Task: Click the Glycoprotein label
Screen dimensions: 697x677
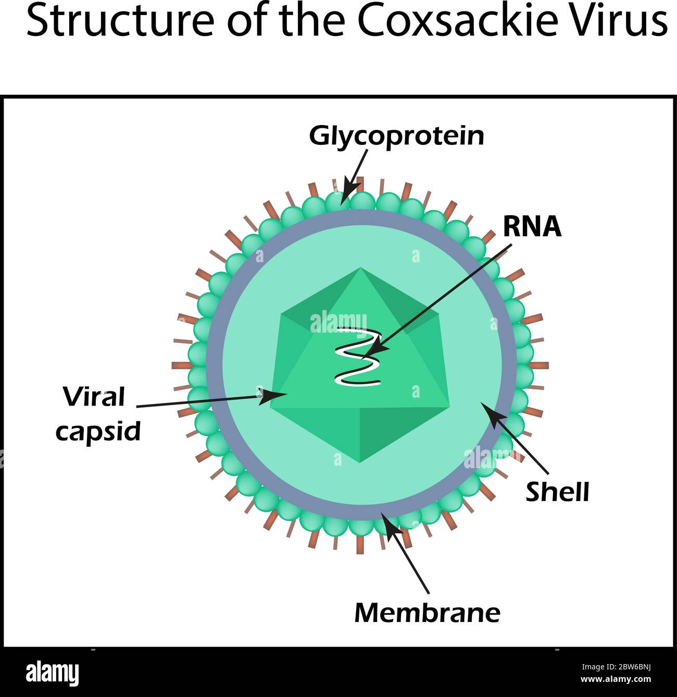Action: point(396,136)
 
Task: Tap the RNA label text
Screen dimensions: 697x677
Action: point(532,227)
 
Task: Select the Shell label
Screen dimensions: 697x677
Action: point(557,492)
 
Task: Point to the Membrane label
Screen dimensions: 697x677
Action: point(427,613)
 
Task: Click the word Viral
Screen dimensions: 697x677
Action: point(94,397)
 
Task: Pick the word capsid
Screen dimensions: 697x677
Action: point(98,431)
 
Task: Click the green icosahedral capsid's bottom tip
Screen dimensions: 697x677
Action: point(360,462)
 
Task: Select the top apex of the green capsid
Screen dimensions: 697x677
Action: point(360,269)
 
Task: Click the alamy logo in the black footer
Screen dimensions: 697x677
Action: point(52,673)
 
